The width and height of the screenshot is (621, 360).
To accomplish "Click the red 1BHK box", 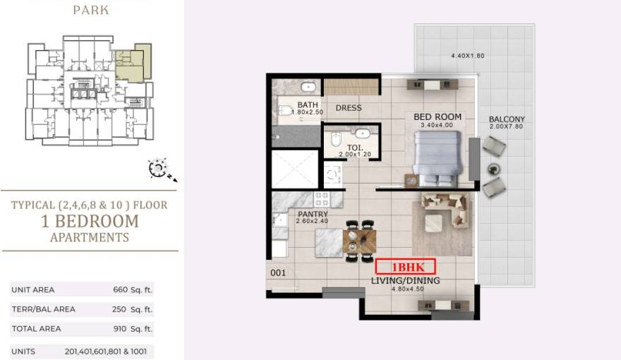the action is (x=405, y=267).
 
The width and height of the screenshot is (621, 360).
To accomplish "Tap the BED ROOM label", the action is (x=438, y=117).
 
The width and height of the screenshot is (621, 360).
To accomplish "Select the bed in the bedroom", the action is (x=438, y=158).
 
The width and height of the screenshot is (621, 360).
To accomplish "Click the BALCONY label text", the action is (x=507, y=119).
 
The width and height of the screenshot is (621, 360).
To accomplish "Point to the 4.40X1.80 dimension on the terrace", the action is (x=468, y=56).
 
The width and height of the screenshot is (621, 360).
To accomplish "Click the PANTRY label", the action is (x=313, y=214).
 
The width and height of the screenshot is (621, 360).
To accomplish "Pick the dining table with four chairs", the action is (x=360, y=241).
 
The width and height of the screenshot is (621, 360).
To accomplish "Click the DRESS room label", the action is (x=349, y=108).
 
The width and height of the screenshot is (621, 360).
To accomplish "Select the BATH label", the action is (x=308, y=104).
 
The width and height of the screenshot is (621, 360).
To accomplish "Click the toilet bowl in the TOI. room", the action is (x=335, y=138).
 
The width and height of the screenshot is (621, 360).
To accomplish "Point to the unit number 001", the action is (x=277, y=272).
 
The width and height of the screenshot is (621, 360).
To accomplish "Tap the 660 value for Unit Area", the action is (x=121, y=289).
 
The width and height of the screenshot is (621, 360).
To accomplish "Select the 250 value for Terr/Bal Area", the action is (x=119, y=309).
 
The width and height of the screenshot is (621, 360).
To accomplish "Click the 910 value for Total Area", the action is (x=120, y=328).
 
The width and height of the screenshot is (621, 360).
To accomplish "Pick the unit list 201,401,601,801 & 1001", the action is (x=106, y=352).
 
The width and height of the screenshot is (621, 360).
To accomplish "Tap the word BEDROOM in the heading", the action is (x=97, y=222).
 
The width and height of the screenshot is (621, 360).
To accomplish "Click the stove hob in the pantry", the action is (x=322, y=199).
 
